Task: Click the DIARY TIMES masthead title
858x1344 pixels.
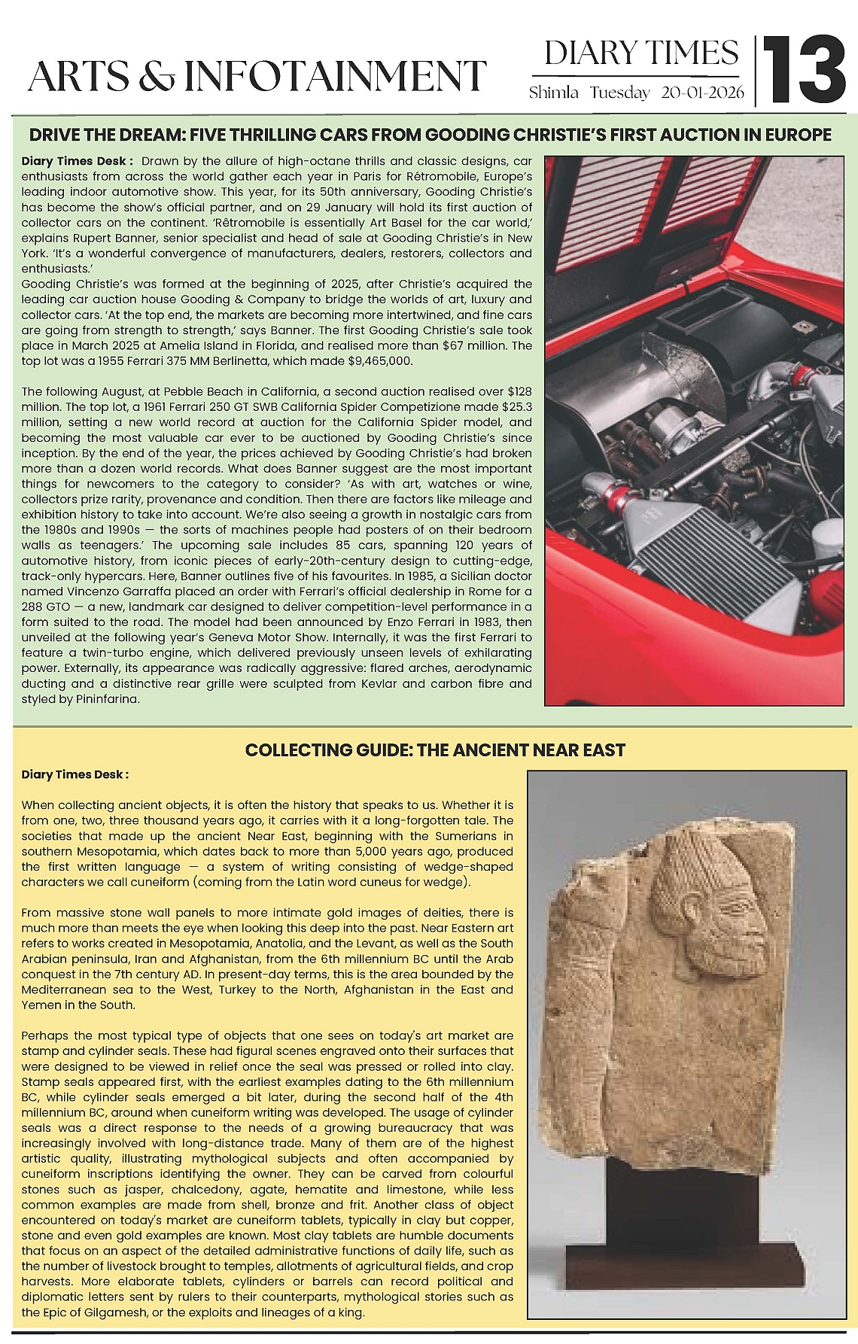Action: coord(641,53)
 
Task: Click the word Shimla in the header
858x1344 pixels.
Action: coord(554,93)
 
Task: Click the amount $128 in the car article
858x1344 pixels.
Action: coord(520,391)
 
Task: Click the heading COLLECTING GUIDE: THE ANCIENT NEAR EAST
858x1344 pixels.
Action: coord(435,750)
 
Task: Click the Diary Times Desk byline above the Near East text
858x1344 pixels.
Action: coord(75,774)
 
